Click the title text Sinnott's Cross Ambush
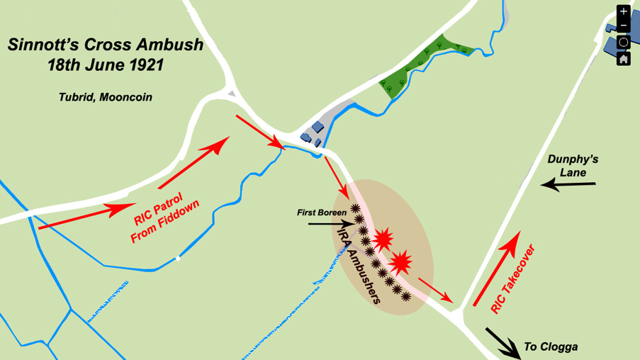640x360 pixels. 106,45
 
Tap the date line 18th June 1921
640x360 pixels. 106,65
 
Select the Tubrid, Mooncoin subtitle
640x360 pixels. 105,96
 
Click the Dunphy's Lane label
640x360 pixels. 573,165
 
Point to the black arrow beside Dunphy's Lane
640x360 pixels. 567,186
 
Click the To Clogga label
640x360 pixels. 551,347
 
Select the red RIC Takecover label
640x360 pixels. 512,279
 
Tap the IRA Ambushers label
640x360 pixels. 359,265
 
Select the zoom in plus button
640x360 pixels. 623,11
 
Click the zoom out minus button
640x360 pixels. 623,26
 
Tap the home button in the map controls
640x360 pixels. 623,58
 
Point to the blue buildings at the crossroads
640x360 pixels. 315,131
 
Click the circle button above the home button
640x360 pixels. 623,42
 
